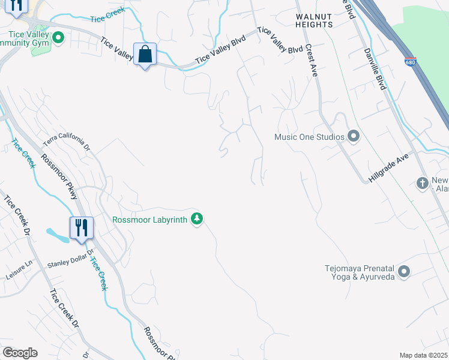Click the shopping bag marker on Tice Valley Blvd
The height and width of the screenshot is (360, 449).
point(145,55)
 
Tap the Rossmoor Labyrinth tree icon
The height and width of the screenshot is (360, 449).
point(196,219)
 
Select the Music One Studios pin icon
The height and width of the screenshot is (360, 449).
point(354,137)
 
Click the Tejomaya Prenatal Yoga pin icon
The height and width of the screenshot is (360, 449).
point(404,272)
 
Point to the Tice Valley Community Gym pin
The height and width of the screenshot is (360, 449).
point(58,39)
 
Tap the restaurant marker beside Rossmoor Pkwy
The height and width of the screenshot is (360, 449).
point(81,229)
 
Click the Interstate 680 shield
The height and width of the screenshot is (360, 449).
point(411,62)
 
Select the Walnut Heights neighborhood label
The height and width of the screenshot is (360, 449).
point(314,20)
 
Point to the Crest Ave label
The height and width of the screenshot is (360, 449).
point(311,59)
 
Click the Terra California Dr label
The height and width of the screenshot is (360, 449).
point(66,142)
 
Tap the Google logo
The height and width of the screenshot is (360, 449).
point(19,353)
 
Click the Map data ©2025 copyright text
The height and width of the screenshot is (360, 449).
point(423,355)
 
